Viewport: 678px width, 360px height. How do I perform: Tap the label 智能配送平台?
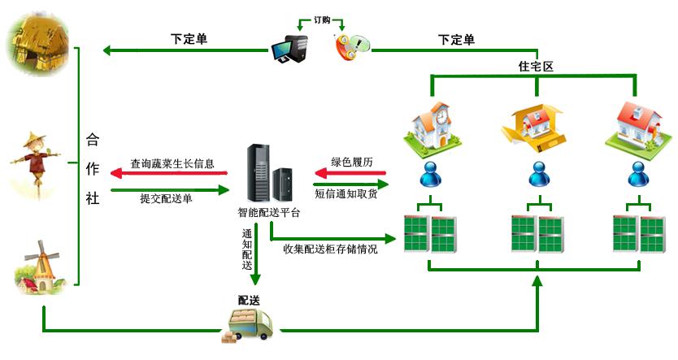coord(268,213)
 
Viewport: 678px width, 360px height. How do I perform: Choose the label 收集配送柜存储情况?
coord(330,249)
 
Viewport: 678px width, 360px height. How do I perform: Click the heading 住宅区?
coord(535,67)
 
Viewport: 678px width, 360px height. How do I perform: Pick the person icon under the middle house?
coord(537,173)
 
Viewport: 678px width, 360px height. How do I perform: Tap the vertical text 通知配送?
coord(247,249)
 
